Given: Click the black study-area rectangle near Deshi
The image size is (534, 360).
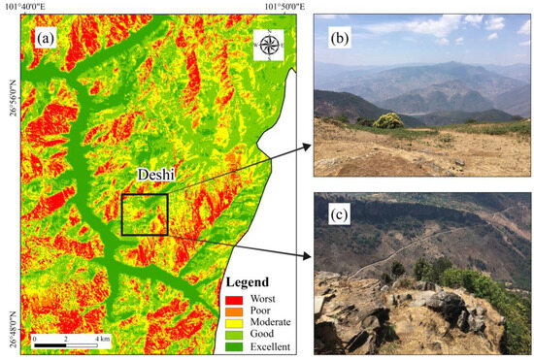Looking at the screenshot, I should (145, 214).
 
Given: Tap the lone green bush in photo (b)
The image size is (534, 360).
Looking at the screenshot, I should (387, 120).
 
